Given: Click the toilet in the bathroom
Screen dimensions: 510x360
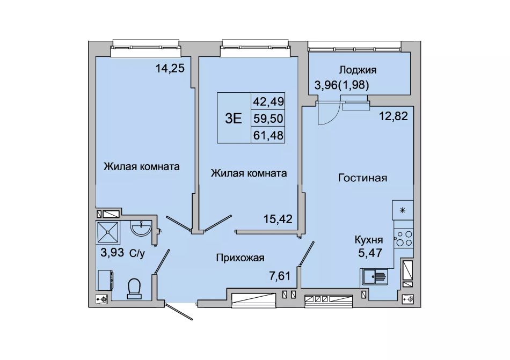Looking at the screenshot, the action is point(135,289).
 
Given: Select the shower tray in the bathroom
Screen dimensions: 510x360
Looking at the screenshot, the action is point(108,232).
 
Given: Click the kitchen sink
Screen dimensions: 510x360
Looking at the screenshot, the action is point(374,277).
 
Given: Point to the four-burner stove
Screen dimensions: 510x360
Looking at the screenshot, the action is point(404,238).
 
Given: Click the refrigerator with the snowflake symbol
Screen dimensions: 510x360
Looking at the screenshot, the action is point(403,210).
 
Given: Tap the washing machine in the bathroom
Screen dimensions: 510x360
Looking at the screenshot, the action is point(105,280).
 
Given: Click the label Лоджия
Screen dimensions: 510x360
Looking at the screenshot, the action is point(358,70).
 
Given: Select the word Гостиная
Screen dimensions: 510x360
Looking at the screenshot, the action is point(363,178).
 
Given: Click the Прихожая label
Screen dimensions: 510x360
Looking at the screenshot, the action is point(241,258).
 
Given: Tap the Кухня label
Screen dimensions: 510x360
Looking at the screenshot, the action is point(368,240).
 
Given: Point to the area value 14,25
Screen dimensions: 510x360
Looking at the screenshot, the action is point(170,68).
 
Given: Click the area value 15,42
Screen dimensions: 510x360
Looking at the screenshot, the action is point(278,219).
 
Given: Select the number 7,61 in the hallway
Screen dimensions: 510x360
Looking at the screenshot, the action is point(280,276).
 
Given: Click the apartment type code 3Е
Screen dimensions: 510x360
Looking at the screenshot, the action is point(234,119).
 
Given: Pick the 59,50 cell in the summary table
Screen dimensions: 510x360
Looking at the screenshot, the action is point(268,119).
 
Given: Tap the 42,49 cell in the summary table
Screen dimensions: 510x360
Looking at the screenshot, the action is point(268,102).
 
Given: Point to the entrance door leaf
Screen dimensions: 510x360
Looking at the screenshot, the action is point(180,312).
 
